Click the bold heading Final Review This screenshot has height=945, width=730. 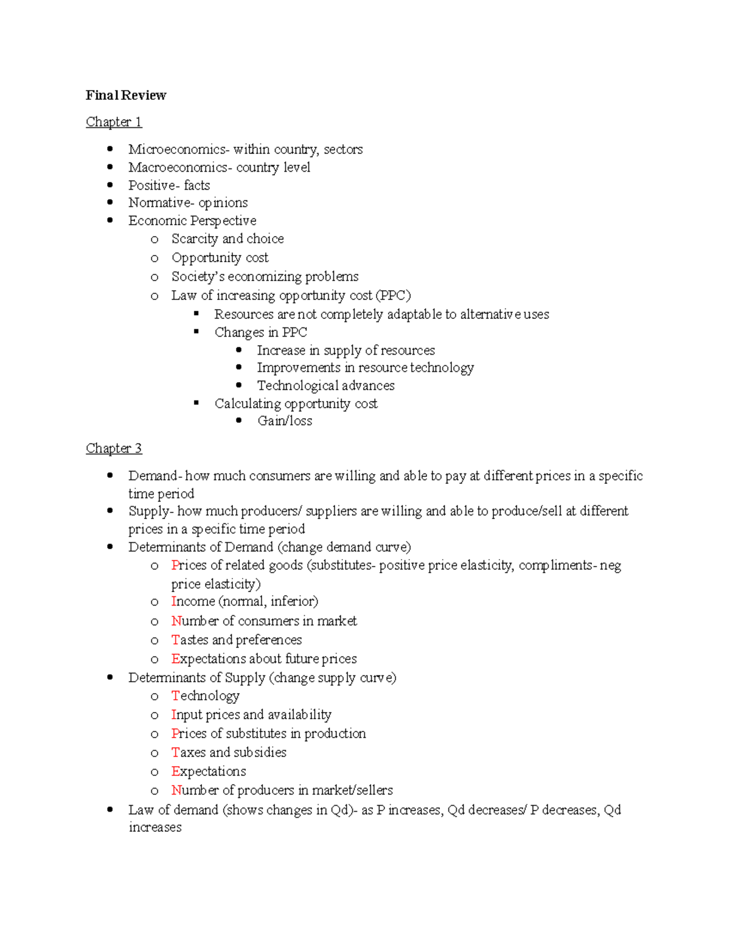click(x=126, y=95)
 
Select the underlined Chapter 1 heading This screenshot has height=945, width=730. click(x=114, y=122)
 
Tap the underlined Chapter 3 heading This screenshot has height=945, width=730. click(x=114, y=448)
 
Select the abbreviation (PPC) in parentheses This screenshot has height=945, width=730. click(x=393, y=296)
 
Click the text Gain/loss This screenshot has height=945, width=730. click(x=285, y=421)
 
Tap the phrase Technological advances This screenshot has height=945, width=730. click(x=325, y=386)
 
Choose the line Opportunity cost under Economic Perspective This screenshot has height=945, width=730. click(x=220, y=258)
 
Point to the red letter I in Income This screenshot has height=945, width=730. click(x=173, y=602)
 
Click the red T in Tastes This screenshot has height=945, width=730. click(x=175, y=640)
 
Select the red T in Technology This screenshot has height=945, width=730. click(x=175, y=696)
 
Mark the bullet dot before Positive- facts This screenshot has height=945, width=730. click(x=110, y=185)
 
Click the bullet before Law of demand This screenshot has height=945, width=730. click(x=110, y=810)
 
